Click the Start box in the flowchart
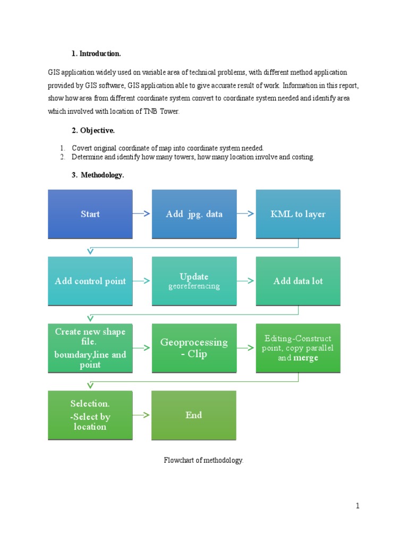pos(90,214)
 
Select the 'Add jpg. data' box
pos(194,214)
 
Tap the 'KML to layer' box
pos(298,214)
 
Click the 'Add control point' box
pos(90,281)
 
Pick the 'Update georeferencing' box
pos(194,281)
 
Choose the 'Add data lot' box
pos(298,281)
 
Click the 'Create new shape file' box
pos(90,348)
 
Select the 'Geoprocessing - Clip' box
pos(194,348)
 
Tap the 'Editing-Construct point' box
pos(298,348)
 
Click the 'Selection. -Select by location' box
pos(90,415)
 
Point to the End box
pos(194,415)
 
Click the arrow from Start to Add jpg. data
pos(142,214)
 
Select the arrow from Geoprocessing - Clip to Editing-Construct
pos(246,348)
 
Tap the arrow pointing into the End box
pos(142,415)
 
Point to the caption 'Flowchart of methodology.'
pos(203,461)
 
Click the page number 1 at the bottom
pos(358,506)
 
